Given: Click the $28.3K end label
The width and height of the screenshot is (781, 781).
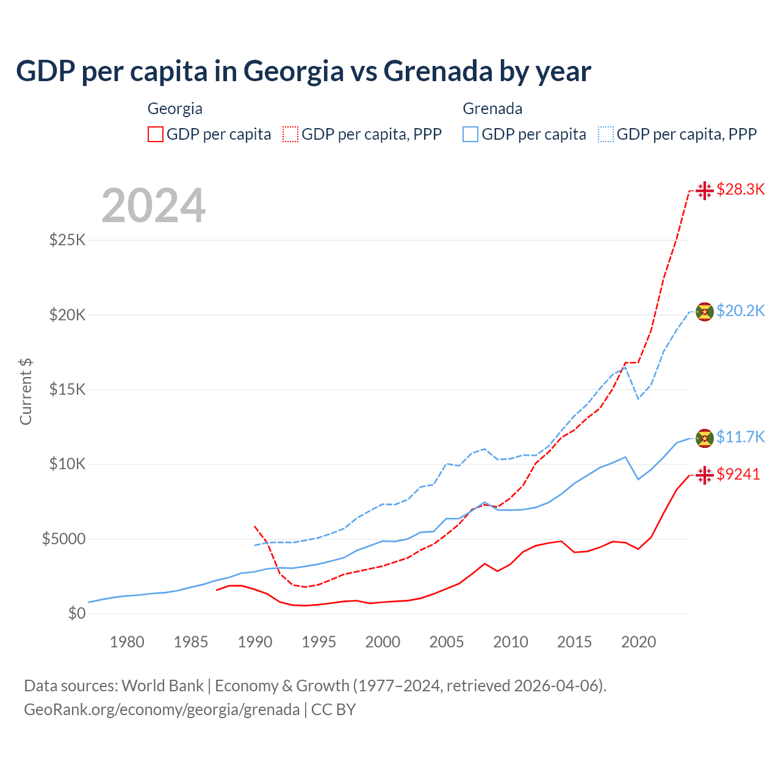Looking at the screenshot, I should pos(740,190).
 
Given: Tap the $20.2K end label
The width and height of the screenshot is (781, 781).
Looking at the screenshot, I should pos(740,311).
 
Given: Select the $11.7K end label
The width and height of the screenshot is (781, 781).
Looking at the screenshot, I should pos(740,437).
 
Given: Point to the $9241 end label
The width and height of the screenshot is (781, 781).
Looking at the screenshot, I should pos(738,475).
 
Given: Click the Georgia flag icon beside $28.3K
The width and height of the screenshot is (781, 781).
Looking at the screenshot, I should pos(705,190).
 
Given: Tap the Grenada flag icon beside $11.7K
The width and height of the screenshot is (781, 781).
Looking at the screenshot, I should pos(705,438).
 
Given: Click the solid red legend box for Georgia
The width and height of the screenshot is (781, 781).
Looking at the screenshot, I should pos(156,134).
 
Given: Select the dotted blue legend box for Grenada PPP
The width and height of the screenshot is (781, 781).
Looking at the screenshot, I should pos(606,134).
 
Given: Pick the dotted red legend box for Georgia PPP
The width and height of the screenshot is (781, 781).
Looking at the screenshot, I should pos(291,134).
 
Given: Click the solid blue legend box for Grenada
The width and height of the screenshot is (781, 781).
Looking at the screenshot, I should pos(470,134).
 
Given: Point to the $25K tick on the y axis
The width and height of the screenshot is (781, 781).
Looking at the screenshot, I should pos(68,240).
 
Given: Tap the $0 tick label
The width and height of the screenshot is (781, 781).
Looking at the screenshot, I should pos(77,614).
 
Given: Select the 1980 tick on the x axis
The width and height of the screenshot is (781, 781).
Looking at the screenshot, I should pos(127,642).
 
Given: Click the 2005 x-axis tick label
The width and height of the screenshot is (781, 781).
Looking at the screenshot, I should pos(447,642).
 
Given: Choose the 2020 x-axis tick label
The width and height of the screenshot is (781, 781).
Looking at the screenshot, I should pos(638,642).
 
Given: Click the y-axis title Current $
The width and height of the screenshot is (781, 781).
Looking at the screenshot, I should pos(26,392).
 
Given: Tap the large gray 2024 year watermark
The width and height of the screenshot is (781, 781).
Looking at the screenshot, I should pos(153,206).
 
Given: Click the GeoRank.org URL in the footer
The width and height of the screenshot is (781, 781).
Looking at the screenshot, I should pos(162,710).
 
